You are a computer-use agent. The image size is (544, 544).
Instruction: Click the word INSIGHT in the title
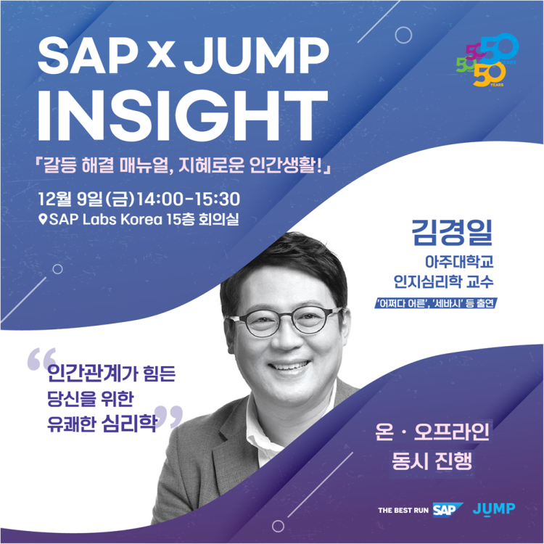(x=182, y=115)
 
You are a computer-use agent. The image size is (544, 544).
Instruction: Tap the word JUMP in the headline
(x=256, y=56)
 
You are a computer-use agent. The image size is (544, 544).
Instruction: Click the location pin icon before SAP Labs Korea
(x=43, y=220)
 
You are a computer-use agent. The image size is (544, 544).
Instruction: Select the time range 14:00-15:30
(x=189, y=199)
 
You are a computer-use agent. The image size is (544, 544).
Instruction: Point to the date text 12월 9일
(x=70, y=199)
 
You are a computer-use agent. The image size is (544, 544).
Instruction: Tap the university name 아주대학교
(x=459, y=262)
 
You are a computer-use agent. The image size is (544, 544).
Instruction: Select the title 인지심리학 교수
(x=443, y=281)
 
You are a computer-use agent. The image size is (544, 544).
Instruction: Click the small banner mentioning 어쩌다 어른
(x=436, y=304)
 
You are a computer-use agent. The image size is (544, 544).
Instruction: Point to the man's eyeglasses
(x=284, y=321)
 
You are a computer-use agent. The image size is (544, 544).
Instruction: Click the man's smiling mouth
(x=289, y=366)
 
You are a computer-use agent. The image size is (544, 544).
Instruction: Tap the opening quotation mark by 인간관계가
(x=41, y=359)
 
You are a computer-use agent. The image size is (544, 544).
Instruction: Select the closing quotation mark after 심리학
(x=169, y=416)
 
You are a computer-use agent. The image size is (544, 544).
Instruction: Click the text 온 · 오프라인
(x=432, y=432)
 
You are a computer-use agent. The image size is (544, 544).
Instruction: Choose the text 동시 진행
(x=432, y=461)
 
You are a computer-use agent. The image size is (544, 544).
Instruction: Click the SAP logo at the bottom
(x=448, y=510)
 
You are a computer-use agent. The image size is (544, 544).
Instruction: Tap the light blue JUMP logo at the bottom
(x=494, y=509)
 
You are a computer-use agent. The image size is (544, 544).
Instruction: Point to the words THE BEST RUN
(x=403, y=511)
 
